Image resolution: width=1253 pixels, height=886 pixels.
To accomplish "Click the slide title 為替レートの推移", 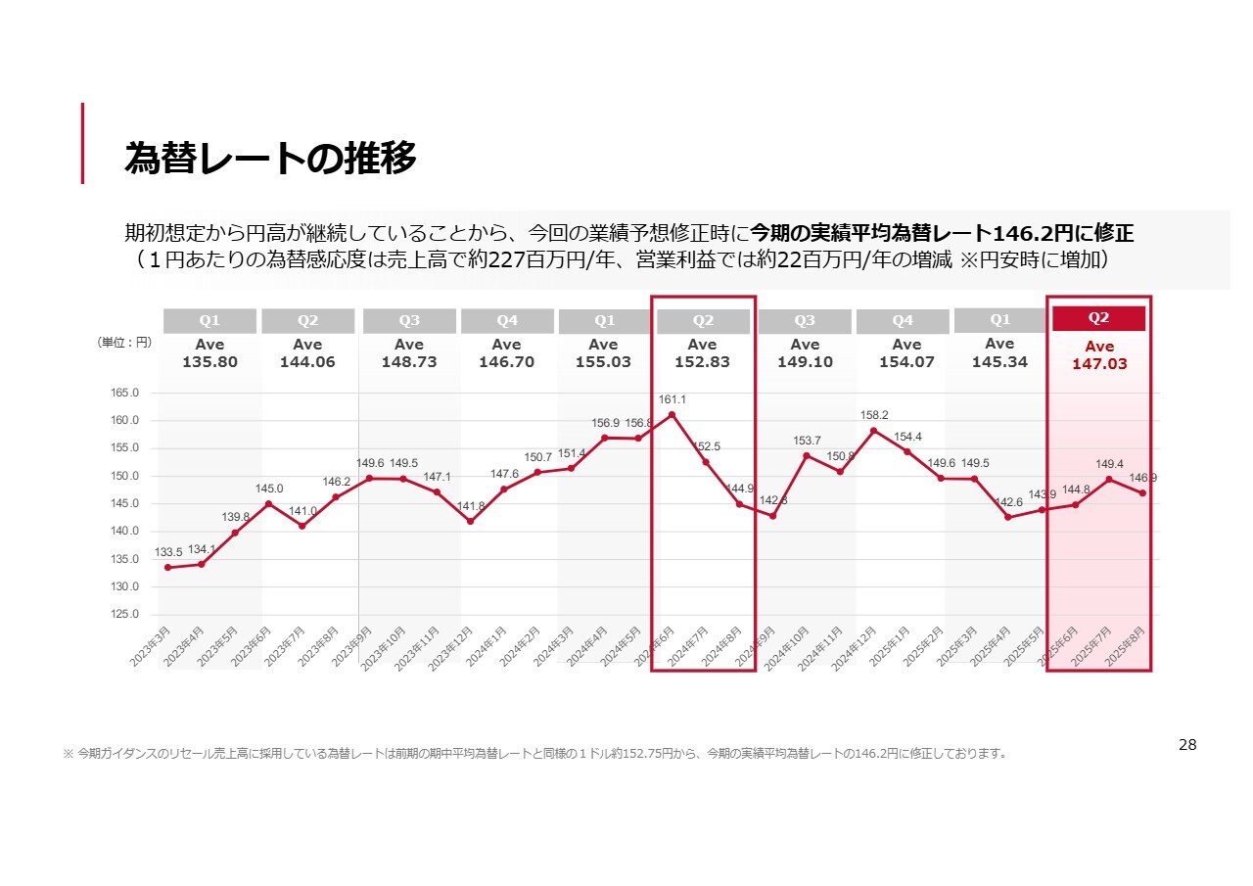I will click(270, 158).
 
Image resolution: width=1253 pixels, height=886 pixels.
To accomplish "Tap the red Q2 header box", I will click(1098, 318).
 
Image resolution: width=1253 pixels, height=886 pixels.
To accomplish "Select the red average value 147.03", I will click(1099, 363).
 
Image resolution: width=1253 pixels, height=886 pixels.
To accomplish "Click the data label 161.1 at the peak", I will click(672, 399).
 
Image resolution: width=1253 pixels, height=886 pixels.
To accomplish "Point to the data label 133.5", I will click(168, 552).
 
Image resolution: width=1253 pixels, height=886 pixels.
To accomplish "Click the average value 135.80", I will click(209, 361).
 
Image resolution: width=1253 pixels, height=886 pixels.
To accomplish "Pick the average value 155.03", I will click(603, 361).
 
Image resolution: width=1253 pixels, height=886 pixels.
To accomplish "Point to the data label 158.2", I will click(873, 415).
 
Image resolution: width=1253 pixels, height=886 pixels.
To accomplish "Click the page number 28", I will click(1186, 745).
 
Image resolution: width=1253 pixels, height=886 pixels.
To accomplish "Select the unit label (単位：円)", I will click(124, 342).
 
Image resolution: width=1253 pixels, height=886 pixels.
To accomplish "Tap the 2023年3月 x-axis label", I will click(151, 647).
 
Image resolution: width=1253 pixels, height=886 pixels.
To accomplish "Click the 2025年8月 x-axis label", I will click(1126, 647).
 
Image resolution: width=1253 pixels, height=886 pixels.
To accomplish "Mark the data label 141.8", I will click(471, 506).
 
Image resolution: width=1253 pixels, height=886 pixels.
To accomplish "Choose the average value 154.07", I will click(906, 361).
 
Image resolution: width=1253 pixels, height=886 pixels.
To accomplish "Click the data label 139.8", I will click(235, 517).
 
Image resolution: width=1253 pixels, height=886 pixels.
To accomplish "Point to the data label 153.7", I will click(807, 441).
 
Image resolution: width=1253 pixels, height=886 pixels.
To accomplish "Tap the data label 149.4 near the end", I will click(1108, 464).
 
